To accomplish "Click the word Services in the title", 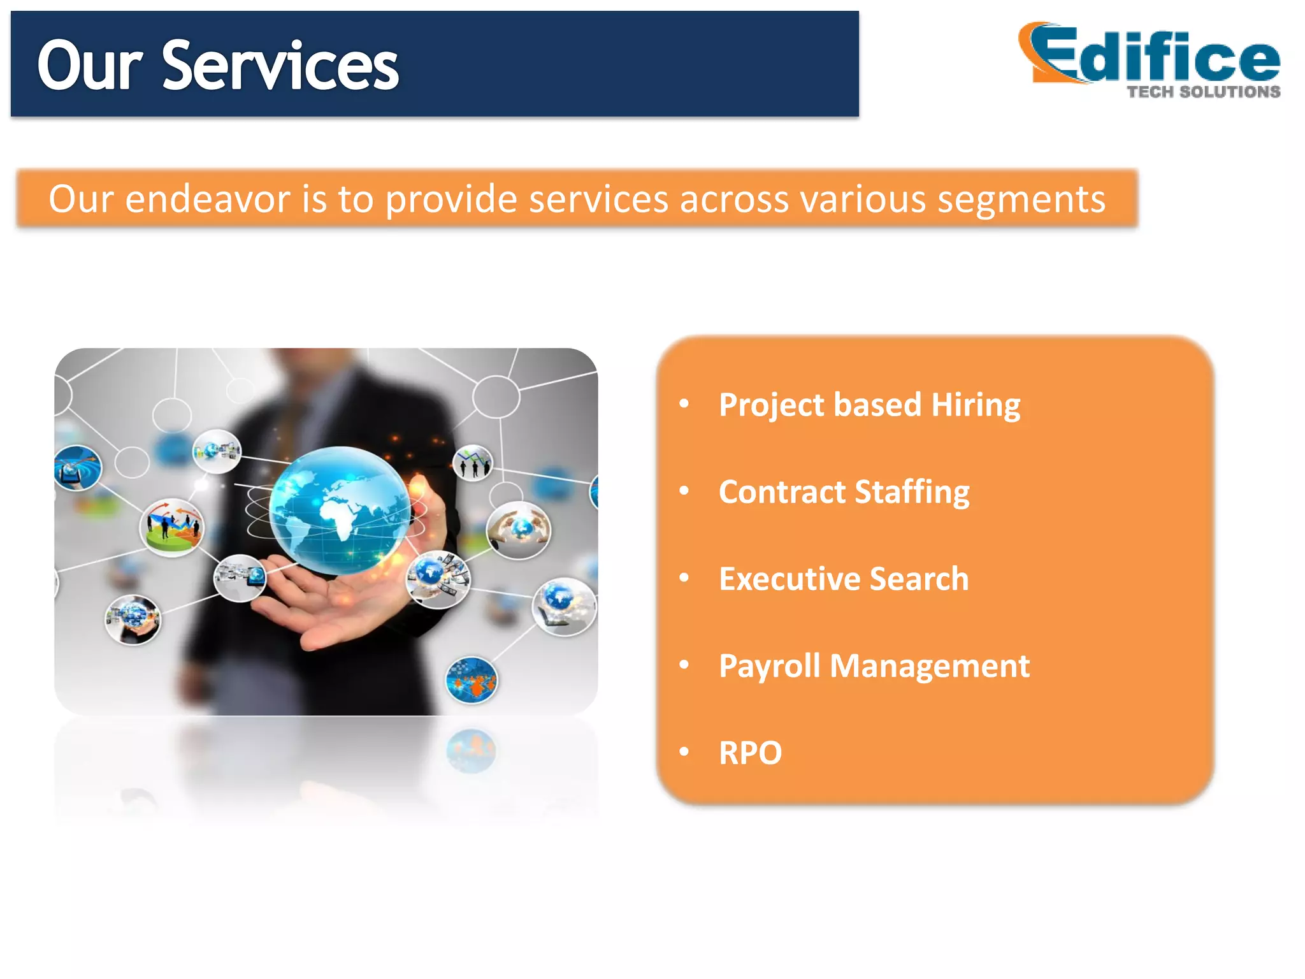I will click(x=280, y=65).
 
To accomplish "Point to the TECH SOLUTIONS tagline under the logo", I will click(x=1203, y=92).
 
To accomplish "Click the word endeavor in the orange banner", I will click(x=208, y=199).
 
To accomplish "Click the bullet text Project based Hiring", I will click(x=869, y=405).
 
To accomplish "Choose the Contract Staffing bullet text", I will click(x=844, y=492).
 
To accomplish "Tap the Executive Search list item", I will click(x=844, y=579).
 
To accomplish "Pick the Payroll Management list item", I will click(x=874, y=666).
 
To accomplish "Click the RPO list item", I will click(x=750, y=753).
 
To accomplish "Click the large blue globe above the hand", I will click(x=340, y=510).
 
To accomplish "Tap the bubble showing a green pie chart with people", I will click(x=172, y=527).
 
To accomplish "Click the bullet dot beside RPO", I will click(x=684, y=752).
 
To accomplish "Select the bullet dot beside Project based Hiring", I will click(x=684, y=403).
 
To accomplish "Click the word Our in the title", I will click(x=89, y=65).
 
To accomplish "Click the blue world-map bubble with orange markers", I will click(x=472, y=680).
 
